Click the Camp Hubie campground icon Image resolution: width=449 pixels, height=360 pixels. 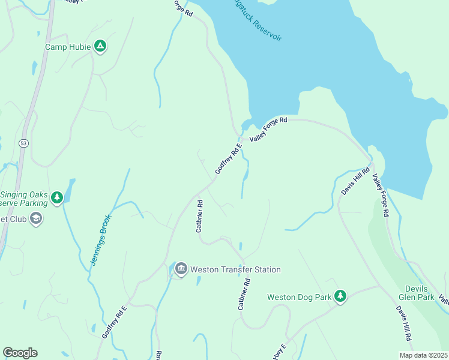coord(100,46)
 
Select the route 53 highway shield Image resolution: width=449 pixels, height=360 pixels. coord(23,143)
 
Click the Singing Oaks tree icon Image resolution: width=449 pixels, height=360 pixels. coord(57,197)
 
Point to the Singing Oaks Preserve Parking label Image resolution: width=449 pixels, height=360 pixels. coord(24,199)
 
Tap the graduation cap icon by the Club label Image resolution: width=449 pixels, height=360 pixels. coord(37,218)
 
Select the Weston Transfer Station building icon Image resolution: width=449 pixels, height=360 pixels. coord(181,269)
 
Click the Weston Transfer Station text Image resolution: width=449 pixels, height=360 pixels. coord(235,269)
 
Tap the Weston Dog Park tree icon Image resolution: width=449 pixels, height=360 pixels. coord(340,296)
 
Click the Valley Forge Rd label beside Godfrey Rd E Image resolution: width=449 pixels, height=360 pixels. coord(268,129)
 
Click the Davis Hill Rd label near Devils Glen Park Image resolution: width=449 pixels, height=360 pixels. coord(403,324)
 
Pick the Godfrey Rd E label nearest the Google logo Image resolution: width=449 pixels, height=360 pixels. coord(115,322)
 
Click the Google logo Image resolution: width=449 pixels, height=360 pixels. coord(20,353)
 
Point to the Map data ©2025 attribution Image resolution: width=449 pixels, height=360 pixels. coord(423,355)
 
